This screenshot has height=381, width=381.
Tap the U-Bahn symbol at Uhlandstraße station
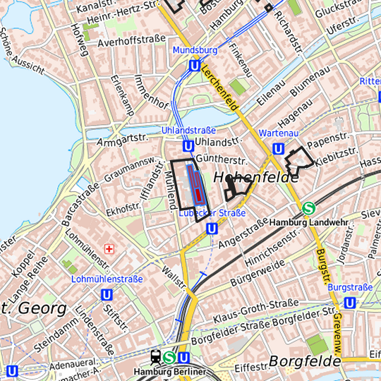[x=188, y=146]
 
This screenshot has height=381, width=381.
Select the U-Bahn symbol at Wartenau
[x=278, y=149]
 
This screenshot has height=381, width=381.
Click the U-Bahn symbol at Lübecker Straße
[x=212, y=227]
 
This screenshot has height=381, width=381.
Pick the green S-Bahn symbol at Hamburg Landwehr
[x=308, y=208]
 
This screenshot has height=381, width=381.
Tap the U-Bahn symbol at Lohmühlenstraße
[x=107, y=294]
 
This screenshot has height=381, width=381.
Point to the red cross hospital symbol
[x=109, y=249]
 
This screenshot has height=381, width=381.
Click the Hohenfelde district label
[x=255, y=177]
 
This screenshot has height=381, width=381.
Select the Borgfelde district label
[x=302, y=362]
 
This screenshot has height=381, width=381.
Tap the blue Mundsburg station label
[x=194, y=51]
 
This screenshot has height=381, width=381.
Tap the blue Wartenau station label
[x=279, y=133]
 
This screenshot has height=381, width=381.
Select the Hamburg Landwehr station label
[x=310, y=222]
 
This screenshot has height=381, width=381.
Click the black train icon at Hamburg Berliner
[x=155, y=358]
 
